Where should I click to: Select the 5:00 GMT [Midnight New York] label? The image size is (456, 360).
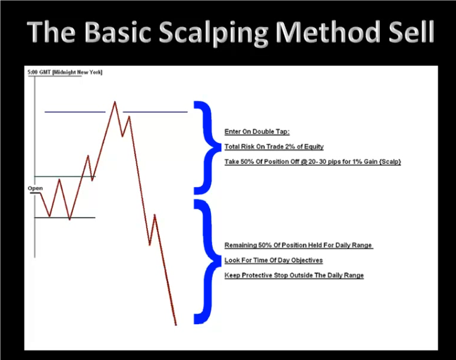pos(65,72)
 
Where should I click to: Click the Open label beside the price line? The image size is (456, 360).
pos(35,189)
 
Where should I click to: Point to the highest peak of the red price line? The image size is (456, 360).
pos(115,102)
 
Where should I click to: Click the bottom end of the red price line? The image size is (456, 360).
pos(176,325)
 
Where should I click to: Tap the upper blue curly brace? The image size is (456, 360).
pos(207,148)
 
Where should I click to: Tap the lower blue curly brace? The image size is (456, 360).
pos(207,261)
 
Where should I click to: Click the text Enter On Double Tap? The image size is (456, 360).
pos(257,132)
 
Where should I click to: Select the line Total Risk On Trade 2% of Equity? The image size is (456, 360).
pos(274,147)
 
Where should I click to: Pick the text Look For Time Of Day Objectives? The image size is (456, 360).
pos(273,260)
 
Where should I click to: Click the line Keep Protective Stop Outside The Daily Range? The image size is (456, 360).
pos(294,276)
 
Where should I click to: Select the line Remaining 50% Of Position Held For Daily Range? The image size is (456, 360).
pos(299,245)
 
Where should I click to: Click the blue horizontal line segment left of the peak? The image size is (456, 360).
pos(75,112)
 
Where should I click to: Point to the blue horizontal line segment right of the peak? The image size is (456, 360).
pos(156,112)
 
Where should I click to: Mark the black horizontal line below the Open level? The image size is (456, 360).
pos(65,218)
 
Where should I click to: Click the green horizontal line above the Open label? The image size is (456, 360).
pos(65,177)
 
